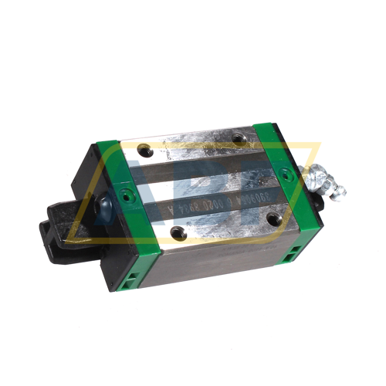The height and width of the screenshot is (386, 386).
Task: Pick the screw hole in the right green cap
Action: click(281, 171)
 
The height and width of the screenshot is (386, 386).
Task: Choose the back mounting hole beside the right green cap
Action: click(245, 137)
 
